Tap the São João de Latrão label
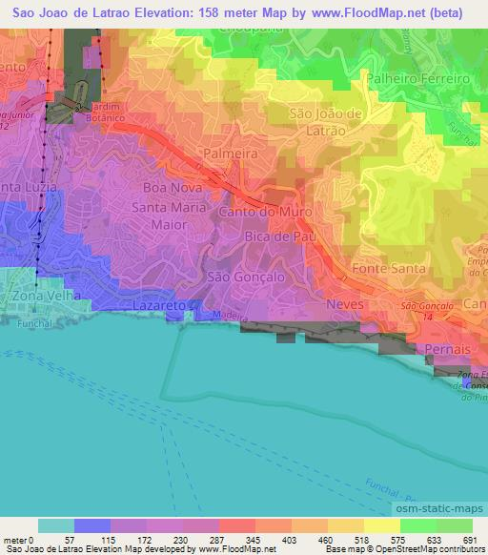[325, 122]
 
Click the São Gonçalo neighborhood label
[235, 276]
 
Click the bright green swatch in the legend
[417, 525]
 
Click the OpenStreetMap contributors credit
[424, 550]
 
